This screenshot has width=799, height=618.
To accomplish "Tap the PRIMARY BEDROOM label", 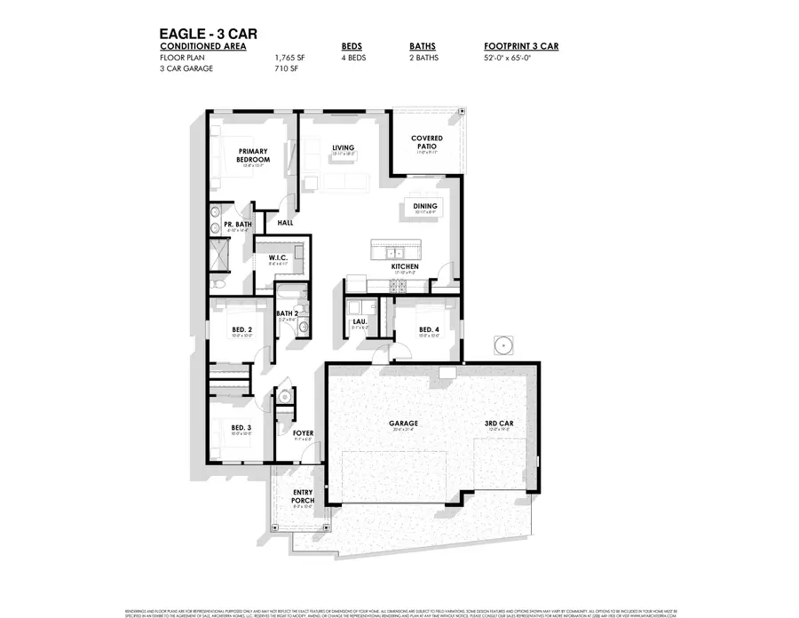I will point(252,155).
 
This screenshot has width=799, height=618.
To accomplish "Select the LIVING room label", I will point(343,147).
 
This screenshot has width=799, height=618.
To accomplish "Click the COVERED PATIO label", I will point(427,143).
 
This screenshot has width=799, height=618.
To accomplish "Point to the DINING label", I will point(426,206).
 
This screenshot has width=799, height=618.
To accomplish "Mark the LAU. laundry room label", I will point(360,321).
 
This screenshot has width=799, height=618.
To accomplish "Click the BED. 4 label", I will point(429,329).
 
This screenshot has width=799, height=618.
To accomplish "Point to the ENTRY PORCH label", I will point(304,501).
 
